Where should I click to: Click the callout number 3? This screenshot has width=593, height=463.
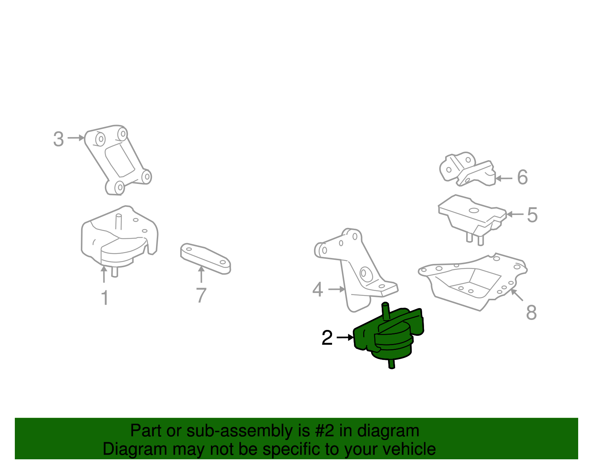[59, 139]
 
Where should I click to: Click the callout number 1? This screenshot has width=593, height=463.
[105, 297]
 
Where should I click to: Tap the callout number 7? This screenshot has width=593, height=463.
[201, 295]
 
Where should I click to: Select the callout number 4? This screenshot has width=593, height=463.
[318, 289]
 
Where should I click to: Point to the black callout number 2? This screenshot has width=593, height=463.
[327, 337]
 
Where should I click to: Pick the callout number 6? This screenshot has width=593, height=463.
[522, 177]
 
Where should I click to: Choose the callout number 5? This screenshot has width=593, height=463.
[532, 215]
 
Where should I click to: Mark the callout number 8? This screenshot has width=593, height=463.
[531, 312]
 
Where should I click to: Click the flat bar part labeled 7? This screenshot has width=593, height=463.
[205, 258]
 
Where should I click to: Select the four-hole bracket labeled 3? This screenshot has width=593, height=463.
[118, 160]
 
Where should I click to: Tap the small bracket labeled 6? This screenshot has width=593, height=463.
[467, 169]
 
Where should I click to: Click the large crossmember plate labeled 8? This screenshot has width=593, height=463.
[472, 282]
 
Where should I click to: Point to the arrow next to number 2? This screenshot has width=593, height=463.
[345, 337]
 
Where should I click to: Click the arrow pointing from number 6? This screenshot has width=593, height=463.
[504, 178]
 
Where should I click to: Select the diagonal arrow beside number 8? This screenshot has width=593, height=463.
[517, 295]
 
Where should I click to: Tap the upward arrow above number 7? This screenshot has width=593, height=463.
[201, 274]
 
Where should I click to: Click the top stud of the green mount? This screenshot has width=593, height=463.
[385, 311]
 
